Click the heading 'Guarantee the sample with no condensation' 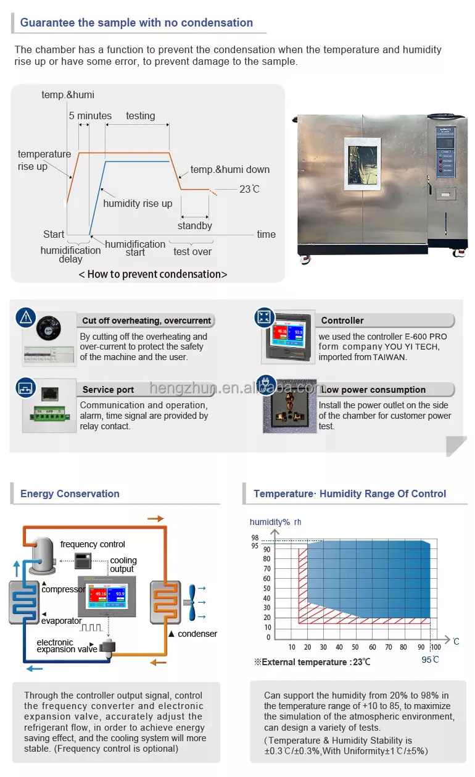tap(136, 23)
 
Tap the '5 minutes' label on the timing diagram tap(90, 115)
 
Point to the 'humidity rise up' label tap(138, 203)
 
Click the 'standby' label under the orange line tap(195, 225)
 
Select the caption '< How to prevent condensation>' tap(153, 274)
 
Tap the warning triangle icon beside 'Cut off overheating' tap(25, 317)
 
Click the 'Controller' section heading tap(342, 321)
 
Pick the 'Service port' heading tap(108, 390)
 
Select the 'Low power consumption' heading tap(373, 390)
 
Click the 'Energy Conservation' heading tap(70, 493)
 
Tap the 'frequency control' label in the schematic tap(93, 544)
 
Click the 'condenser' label tap(197, 634)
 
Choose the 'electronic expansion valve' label tap(66, 646)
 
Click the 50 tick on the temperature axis tap(355, 647)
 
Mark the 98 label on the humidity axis tap(255, 538)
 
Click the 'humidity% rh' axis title tap(275, 523)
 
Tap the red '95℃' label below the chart tap(431, 660)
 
